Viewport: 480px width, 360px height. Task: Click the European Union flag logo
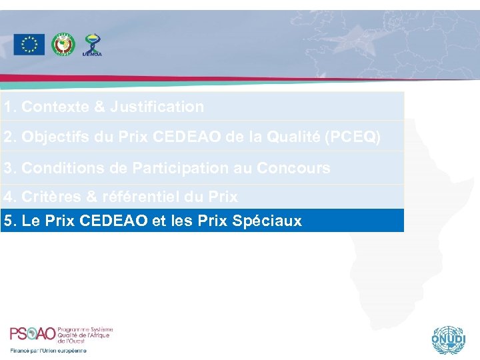[29, 45]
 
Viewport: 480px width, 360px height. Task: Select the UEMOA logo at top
[92, 45]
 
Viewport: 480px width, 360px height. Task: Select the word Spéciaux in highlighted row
[267, 221]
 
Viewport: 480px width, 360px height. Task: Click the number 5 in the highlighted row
[7, 221]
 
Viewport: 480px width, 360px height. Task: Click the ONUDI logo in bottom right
[447, 339]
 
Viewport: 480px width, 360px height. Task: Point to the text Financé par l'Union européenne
[48, 351]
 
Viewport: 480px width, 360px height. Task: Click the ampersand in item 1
[100, 107]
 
